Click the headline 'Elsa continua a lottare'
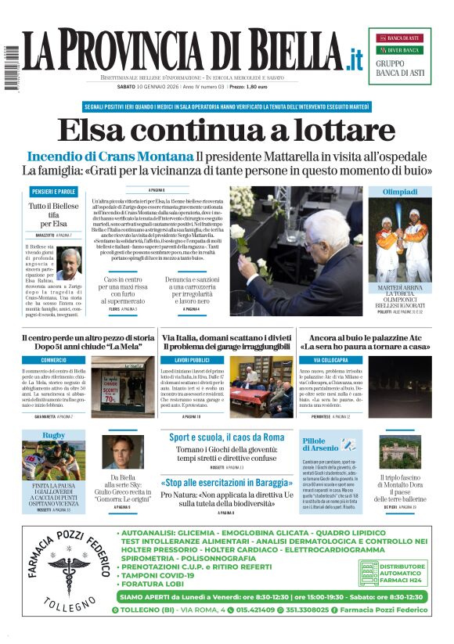[226, 130]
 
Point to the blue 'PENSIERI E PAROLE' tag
[53, 192]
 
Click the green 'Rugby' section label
[53, 435]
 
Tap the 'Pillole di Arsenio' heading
[319, 446]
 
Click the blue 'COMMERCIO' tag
[54, 361]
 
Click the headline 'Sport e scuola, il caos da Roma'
[227, 437]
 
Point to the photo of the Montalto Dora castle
[400, 453]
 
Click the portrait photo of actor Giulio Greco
[122, 452]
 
